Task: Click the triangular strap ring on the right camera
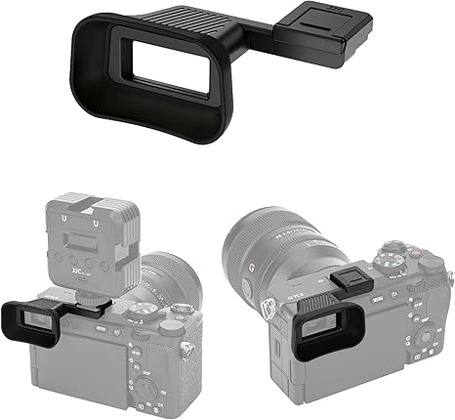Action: click(x=265, y=308)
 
